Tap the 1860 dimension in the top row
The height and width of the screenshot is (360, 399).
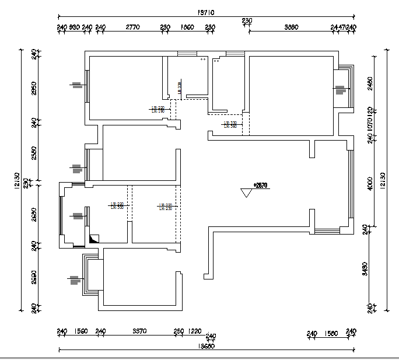point(187,27)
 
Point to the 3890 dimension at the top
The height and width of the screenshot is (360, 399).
point(291,27)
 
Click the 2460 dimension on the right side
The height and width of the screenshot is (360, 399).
point(370,84)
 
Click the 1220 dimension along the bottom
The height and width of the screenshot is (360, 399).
point(194,331)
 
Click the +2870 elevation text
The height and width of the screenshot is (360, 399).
point(260,185)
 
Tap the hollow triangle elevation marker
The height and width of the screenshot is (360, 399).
point(246,193)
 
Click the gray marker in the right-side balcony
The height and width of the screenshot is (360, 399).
point(340,90)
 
